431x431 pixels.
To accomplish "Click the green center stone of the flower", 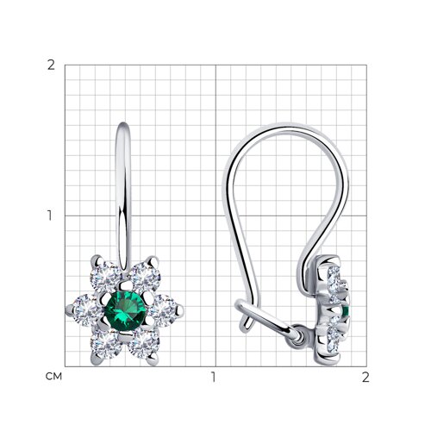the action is [x=125, y=310].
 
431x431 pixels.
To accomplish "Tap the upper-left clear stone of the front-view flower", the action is [x=105, y=277].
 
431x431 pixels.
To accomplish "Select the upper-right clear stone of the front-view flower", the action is [x=144, y=277].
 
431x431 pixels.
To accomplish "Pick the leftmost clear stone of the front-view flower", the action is [x=87, y=310].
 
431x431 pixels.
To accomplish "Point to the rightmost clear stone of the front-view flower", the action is [x=163, y=310].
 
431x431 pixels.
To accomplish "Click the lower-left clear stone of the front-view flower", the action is [x=105, y=344].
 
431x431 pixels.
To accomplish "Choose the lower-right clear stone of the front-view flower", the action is [x=144, y=344].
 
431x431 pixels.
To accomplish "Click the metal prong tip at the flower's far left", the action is [x=69, y=309].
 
